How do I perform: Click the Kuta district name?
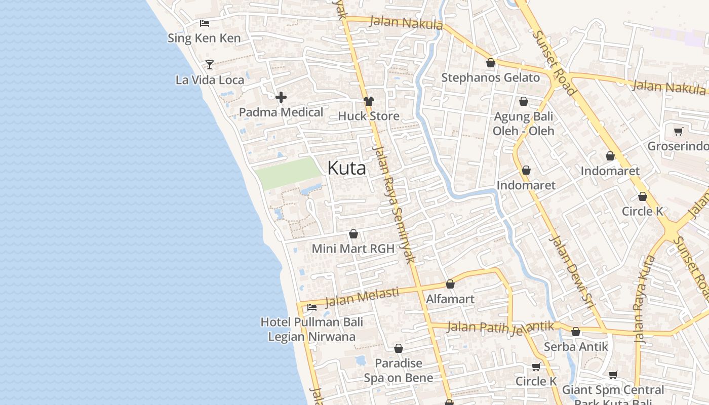click(346, 168)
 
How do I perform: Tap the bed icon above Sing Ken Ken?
click(205, 23)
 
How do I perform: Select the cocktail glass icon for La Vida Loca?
click(209, 65)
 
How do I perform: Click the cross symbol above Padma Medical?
click(281, 97)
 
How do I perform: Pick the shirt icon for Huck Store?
click(368, 101)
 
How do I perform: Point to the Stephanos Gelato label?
click(490, 77)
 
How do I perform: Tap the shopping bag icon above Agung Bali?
click(524, 102)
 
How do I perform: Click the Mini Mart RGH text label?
click(353, 249)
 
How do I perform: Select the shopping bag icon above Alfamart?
click(450, 285)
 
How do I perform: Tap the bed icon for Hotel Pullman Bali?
click(312, 307)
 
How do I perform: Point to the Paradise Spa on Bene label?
click(399, 371)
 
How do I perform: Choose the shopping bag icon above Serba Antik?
click(576, 332)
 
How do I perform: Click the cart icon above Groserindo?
click(678, 132)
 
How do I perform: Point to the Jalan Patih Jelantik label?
click(500, 328)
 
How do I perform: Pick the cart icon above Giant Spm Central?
click(613, 375)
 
